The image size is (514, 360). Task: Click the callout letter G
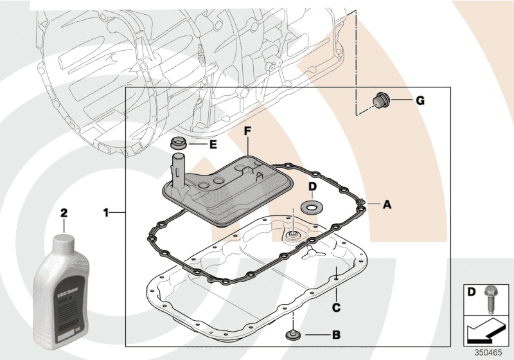(420, 100)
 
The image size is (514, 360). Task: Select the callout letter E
(213, 144)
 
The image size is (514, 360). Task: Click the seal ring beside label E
(179, 142)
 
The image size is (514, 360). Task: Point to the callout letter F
(247, 130)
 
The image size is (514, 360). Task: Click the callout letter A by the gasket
(387, 204)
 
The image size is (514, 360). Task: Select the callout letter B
(335, 335)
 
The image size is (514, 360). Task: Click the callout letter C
(335, 307)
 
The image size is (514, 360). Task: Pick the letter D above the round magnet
(312, 188)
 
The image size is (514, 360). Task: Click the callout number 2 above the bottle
(64, 212)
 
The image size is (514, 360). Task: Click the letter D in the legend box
(471, 293)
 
